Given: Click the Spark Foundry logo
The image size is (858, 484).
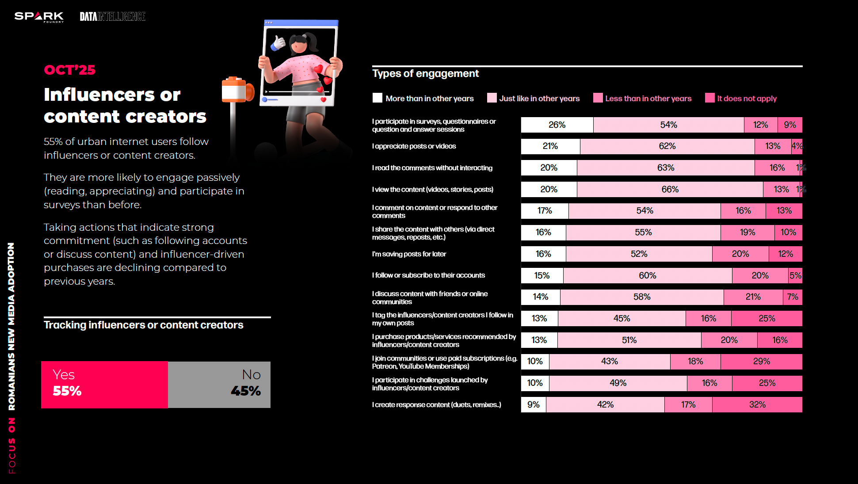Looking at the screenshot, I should click(x=39, y=17).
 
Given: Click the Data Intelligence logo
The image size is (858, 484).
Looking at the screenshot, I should click(x=112, y=17).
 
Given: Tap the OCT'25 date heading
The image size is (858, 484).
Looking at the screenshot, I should click(x=69, y=70).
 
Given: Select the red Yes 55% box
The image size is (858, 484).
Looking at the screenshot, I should click(x=104, y=385).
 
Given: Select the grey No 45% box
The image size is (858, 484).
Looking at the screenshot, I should click(x=219, y=385).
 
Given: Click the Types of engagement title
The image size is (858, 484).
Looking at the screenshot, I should click(x=425, y=73).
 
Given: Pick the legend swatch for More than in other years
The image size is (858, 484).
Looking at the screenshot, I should click(x=377, y=98).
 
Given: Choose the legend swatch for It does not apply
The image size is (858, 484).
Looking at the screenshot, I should click(x=709, y=98).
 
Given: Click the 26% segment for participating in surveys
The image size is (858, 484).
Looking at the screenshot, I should click(x=557, y=125).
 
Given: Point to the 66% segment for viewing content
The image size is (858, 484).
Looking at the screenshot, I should click(x=670, y=190).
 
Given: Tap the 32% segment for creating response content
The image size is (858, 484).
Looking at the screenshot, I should click(x=757, y=405).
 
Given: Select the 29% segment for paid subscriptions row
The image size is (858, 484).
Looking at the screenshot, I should click(x=761, y=362).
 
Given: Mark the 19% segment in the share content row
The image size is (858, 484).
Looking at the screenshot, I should click(x=747, y=232).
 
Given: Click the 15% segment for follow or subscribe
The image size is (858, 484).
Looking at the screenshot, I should click(x=542, y=276).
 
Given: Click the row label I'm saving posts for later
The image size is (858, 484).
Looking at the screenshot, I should click(x=409, y=254).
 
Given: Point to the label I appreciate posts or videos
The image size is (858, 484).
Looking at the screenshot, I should click(x=414, y=146).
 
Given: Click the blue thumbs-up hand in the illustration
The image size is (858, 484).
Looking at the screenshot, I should click(x=278, y=43).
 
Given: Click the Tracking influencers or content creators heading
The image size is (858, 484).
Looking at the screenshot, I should click(x=143, y=325).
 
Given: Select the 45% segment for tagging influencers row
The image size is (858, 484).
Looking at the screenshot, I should click(x=622, y=319).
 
